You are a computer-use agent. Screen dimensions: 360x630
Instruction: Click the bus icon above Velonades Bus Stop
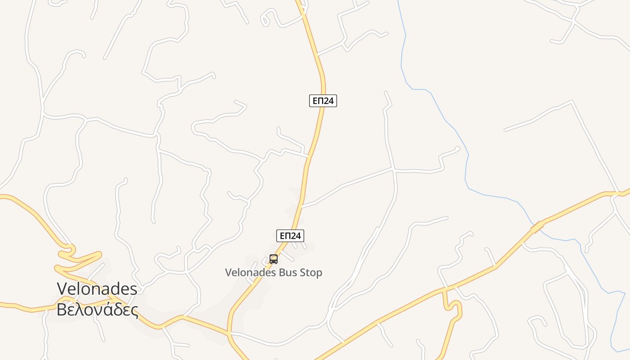point(274,259)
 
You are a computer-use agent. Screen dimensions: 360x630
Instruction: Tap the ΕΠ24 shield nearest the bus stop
point(290,235)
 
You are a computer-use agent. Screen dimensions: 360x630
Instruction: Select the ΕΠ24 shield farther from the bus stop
point(323,101)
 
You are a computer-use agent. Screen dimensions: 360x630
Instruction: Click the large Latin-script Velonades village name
point(97,288)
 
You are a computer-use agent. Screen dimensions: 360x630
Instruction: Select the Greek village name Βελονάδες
point(97,310)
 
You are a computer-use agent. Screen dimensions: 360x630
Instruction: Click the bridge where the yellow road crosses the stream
point(537,227)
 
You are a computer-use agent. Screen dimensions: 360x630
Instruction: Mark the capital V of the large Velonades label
point(63,288)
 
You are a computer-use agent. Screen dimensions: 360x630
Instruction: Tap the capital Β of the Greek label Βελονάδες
point(62,310)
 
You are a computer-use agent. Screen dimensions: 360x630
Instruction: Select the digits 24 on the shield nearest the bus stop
point(296,235)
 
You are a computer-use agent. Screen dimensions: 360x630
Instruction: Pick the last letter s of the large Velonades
point(133,289)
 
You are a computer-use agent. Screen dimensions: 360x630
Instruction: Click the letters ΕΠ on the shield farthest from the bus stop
point(318,101)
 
